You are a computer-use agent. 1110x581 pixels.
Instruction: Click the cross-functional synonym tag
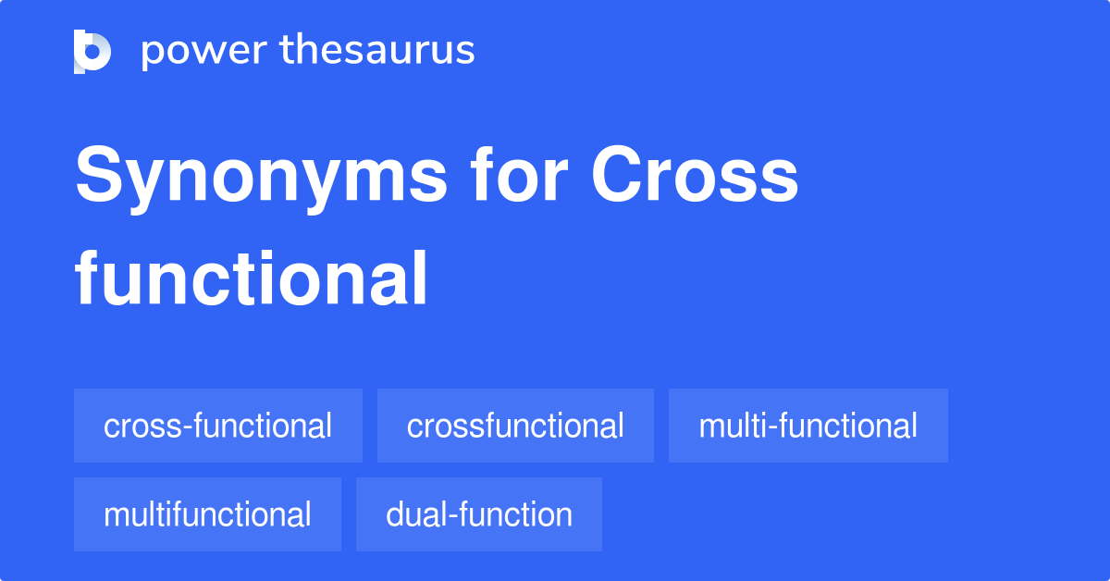pos(218,426)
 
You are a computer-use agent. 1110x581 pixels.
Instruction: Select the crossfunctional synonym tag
pos(515,426)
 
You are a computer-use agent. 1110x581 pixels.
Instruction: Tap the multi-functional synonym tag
pos(808,426)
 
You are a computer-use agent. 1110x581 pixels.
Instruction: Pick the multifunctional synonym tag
pos(207,514)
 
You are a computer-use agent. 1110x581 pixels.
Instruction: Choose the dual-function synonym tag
pos(479,514)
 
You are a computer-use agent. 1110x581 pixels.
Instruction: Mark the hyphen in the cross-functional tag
pos(187,428)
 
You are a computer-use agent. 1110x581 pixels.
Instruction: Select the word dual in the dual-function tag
pos(416,514)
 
